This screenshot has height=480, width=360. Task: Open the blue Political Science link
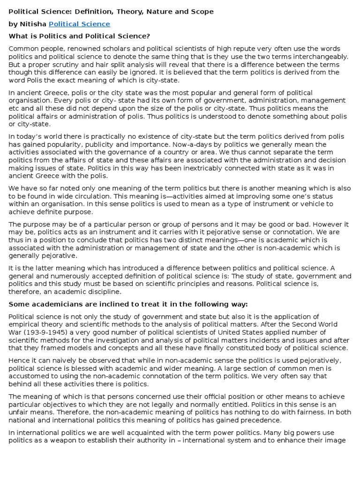click(79, 24)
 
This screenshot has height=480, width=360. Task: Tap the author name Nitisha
click(33, 24)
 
